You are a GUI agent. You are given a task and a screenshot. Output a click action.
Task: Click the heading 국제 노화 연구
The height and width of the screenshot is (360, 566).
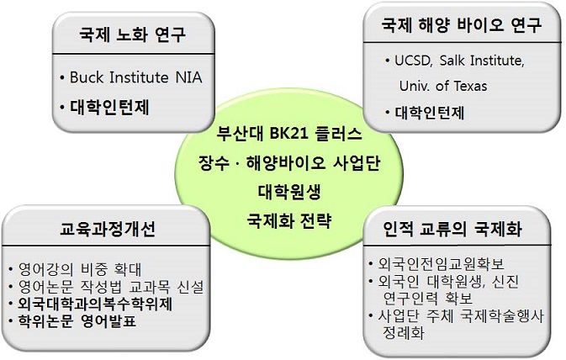[132, 34]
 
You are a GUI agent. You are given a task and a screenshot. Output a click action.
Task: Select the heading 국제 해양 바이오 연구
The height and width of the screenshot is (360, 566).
[462, 25]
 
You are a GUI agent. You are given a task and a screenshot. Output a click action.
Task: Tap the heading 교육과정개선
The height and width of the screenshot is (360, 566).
[107, 229]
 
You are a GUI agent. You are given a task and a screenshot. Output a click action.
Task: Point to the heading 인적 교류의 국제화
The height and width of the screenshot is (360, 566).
[452, 229]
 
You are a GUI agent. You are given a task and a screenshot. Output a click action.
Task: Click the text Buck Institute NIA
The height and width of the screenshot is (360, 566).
[135, 77]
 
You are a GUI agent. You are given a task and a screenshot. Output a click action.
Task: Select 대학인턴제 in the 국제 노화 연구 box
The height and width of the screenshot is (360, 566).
[109, 107]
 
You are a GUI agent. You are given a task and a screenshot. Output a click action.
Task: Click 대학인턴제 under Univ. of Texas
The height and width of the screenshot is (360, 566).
[430, 113]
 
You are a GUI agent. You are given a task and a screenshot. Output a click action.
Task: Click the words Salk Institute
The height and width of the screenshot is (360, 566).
[482, 61]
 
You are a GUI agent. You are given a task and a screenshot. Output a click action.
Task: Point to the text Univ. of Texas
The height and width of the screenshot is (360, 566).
[443, 87]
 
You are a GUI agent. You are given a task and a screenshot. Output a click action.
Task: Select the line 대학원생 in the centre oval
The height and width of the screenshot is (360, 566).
[289, 192]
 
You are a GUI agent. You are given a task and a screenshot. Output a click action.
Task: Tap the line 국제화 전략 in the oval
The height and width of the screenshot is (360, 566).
[289, 220]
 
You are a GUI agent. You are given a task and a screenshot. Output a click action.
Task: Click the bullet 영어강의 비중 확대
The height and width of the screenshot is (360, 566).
[80, 269]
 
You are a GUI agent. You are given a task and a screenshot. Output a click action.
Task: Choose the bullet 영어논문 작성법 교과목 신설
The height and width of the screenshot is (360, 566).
[111, 287]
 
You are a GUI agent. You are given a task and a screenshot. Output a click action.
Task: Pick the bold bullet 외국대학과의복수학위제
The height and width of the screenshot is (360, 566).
[95, 304]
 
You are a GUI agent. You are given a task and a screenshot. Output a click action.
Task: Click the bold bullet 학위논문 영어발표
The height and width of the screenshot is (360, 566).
[77, 320]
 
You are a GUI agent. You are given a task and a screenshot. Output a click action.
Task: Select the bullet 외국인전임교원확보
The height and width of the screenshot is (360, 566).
[441, 264]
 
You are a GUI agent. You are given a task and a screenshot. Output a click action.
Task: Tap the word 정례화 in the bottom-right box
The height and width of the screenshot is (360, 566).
[403, 332]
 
